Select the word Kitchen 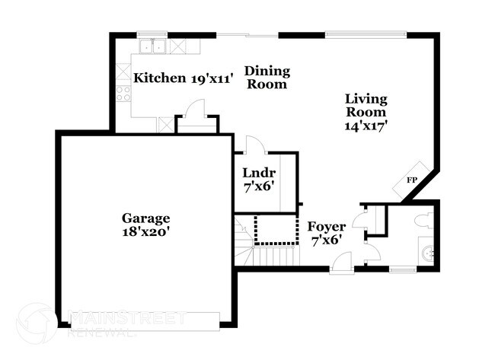point(159,78)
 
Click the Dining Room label point(266,78)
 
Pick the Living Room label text point(366,106)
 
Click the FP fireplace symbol point(411,180)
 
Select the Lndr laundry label point(258,172)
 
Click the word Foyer point(326,226)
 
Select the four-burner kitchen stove point(123,94)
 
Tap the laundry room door point(255,145)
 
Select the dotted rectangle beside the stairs point(274,228)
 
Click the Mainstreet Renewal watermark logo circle point(36,323)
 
